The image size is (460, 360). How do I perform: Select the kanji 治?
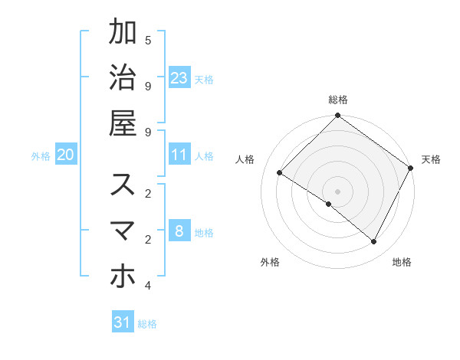[x=123, y=77]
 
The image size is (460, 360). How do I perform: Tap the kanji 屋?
[x=123, y=123]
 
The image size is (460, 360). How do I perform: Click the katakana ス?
[x=123, y=185]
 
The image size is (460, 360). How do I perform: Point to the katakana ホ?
[x=123, y=277]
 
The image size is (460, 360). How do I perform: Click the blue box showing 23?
[x=179, y=77]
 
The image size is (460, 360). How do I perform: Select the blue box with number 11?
[x=179, y=155]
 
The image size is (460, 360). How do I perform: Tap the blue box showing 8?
[x=179, y=231]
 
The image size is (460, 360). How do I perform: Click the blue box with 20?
[x=66, y=155]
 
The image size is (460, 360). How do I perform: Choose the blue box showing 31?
[x=123, y=322]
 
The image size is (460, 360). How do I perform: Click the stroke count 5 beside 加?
[x=147, y=40]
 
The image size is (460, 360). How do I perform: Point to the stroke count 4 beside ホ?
[x=147, y=286]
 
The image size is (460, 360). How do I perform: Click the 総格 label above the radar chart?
[x=338, y=100]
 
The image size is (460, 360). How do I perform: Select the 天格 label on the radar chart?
[x=431, y=159]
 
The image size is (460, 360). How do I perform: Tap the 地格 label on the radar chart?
[x=402, y=262]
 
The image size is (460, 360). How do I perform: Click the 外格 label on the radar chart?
[x=270, y=262]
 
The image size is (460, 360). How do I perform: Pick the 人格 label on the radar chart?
[x=245, y=159]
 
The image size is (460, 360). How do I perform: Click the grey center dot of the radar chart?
[x=337, y=191]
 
